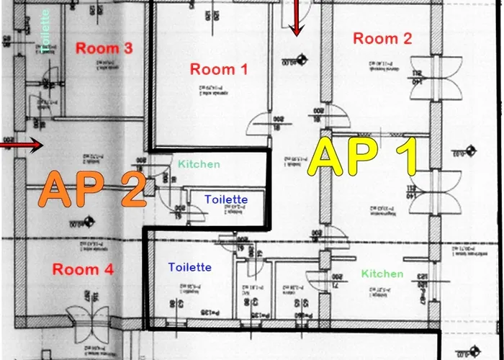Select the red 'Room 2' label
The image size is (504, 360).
[382, 39]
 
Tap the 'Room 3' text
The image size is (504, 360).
[104, 49]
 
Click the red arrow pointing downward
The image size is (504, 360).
[296, 17]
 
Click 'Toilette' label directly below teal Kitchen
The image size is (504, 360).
[226, 199]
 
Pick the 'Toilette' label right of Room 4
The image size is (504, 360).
[190, 267]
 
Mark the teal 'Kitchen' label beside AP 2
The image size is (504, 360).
[199, 164]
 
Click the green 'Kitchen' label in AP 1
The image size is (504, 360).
[382, 274]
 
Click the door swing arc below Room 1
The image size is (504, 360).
[261, 125]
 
